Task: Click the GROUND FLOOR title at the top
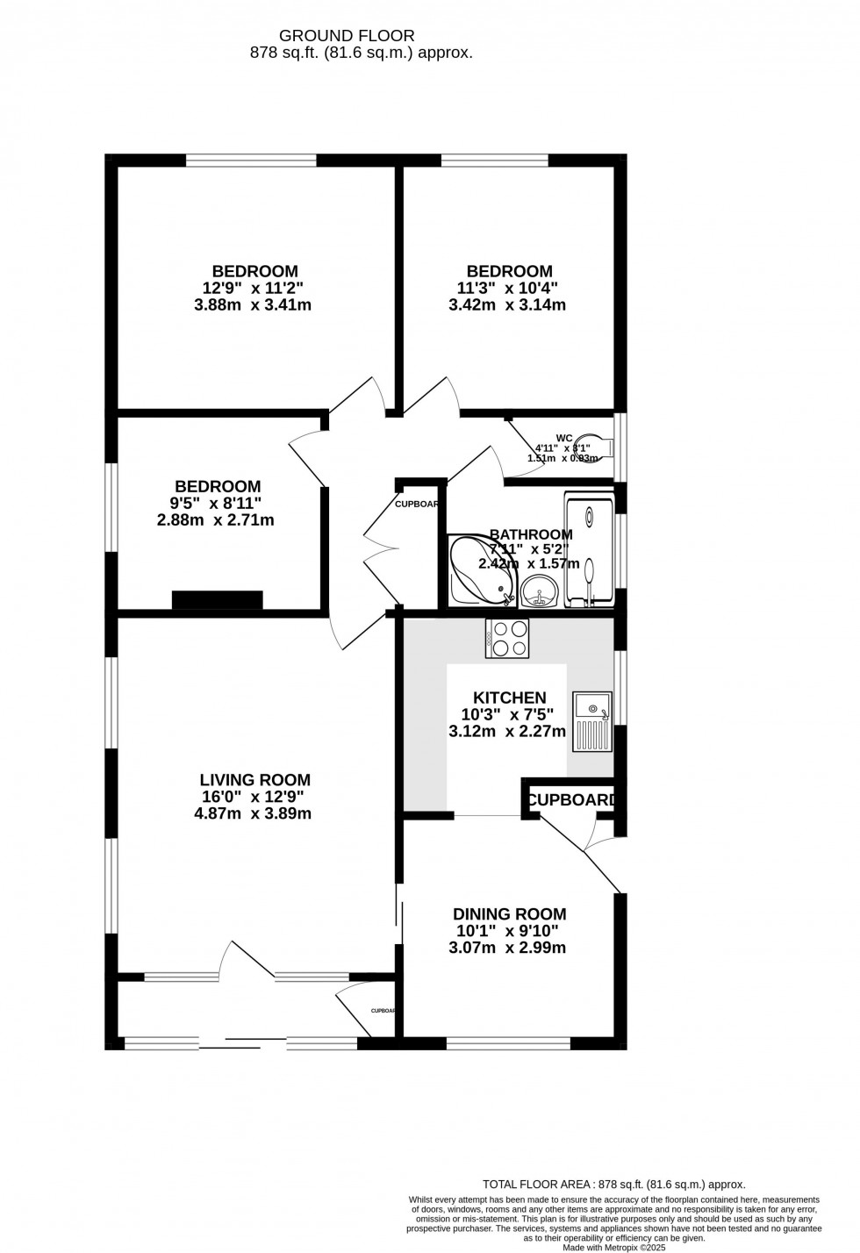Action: click(347, 35)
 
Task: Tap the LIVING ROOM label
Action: click(254, 779)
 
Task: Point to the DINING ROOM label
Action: click(509, 914)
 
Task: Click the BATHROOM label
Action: click(531, 534)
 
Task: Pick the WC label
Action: click(564, 437)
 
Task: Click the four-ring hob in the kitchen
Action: click(507, 638)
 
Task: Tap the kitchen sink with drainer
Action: click(591, 721)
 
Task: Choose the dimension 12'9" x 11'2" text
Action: click(254, 288)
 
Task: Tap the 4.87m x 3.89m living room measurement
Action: click(254, 813)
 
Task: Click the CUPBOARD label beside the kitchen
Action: click(571, 800)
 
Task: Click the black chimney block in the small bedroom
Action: click(217, 600)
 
